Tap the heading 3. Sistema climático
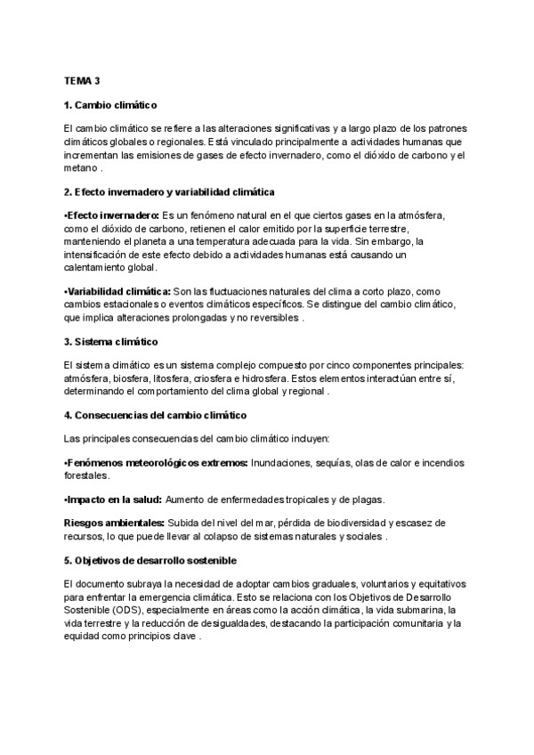110,341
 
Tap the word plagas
367,500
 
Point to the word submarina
430,610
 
